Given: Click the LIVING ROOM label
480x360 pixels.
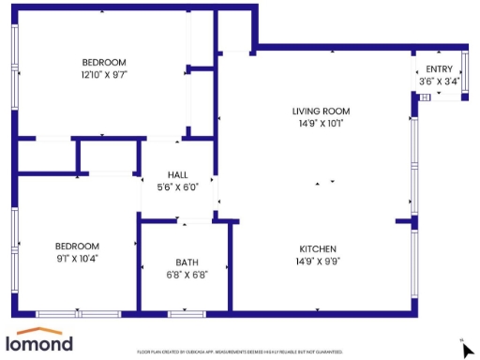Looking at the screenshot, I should tap(323, 111).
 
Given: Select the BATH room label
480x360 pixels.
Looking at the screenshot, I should tap(187, 262).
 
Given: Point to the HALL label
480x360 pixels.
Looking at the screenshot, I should tap(177, 174).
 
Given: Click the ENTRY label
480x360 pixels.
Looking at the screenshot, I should tap(439, 69).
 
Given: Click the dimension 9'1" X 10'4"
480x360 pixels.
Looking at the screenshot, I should tap(77, 258).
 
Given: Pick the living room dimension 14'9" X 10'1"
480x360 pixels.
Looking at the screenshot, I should tap(323, 123).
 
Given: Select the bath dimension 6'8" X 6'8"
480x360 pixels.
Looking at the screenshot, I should tap(187, 275).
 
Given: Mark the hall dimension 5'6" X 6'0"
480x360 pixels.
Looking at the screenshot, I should tap(177, 187).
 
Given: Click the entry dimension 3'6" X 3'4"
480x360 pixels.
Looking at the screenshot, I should tap(439, 82).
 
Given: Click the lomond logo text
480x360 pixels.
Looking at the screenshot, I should tap(39, 344).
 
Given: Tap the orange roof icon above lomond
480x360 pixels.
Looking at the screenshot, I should tap(39, 331).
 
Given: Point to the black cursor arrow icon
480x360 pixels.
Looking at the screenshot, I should tap(468, 350).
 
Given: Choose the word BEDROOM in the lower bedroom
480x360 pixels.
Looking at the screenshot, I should tap(77, 246).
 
